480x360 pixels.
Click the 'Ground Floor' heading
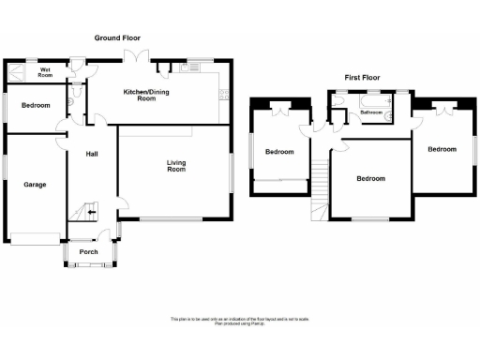click(116, 37)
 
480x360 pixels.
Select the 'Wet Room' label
click(44, 71)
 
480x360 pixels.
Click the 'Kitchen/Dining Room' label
click(153, 94)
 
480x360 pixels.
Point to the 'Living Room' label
click(175, 166)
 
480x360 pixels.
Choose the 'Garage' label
click(35, 184)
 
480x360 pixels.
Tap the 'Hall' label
click(93, 154)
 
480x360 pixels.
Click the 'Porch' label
click(89, 251)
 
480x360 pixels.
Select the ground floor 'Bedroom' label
click(36, 105)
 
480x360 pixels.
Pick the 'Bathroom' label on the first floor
click(372, 112)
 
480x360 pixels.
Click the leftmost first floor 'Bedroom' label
click(278, 152)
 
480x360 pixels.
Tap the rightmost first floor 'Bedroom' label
click(442, 149)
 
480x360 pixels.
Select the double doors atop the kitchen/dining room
click(139, 59)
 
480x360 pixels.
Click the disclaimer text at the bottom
click(239, 321)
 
